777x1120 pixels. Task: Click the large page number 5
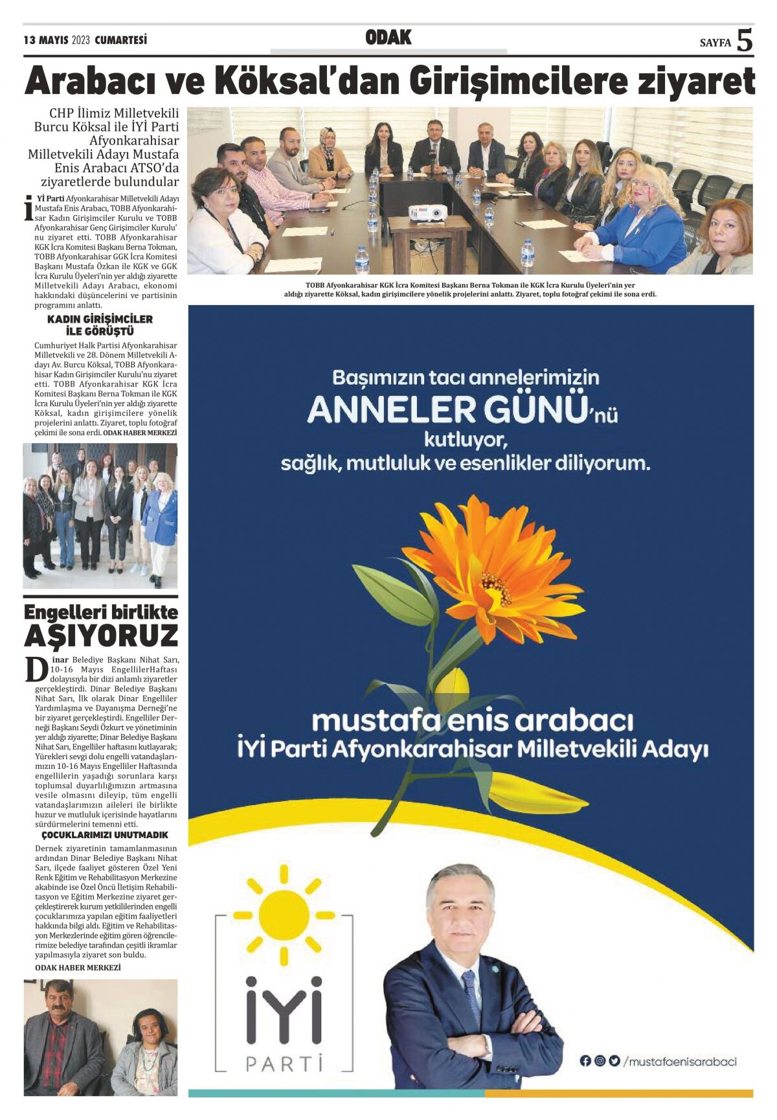click(x=745, y=40)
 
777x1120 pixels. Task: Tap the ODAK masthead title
click(x=388, y=38)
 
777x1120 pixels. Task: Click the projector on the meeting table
click(x=428, y=212)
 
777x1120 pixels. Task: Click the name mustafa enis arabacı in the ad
click(x=473, y=720)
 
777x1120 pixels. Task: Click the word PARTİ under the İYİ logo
click(x=284, y=1063)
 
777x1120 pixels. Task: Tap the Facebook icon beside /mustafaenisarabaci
click(x=585, y=1061)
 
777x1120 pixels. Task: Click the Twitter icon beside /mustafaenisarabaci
click(x=614, y=1061)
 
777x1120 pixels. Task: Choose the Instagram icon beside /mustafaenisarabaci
click(x=600, y=1061)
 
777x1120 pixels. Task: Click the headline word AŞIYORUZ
click(x=101, y=636)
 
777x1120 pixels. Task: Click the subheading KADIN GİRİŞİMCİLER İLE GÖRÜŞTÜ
click(x=100, y=325)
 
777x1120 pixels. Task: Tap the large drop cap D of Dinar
click(x=36, y=669)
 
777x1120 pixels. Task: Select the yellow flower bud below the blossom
click(x=451, y=690)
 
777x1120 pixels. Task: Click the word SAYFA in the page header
click(x=715, y=43)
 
